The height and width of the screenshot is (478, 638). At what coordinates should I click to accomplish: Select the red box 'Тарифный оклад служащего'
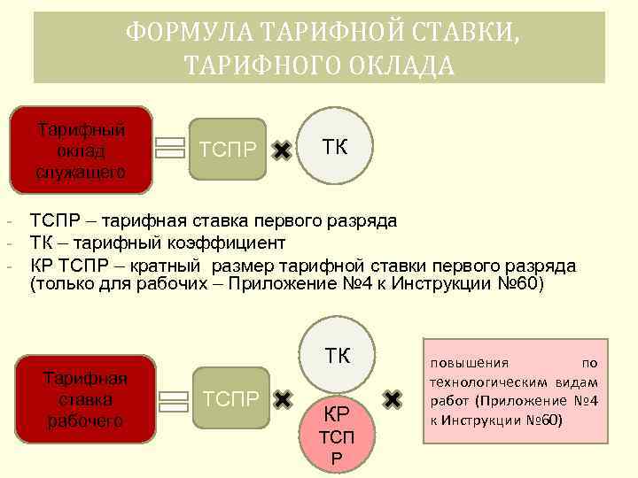click(81, 150)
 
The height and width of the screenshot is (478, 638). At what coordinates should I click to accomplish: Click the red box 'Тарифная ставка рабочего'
click(86, 399)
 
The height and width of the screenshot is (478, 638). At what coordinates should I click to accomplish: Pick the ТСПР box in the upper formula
click(229, 149)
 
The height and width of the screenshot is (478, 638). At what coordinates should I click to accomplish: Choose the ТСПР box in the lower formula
click(230, 399)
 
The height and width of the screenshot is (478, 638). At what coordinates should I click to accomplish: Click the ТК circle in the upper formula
click(335, 147)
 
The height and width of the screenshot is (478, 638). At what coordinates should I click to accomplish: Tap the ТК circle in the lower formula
click(338, 356)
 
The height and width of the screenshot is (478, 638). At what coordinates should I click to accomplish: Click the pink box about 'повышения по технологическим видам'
click(514, 390)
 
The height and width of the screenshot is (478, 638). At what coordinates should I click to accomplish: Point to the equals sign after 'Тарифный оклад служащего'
click(170, 148)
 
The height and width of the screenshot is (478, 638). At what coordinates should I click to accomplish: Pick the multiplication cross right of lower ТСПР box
click(282, 400)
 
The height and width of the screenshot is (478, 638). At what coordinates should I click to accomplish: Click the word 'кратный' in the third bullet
click(172, 266)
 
